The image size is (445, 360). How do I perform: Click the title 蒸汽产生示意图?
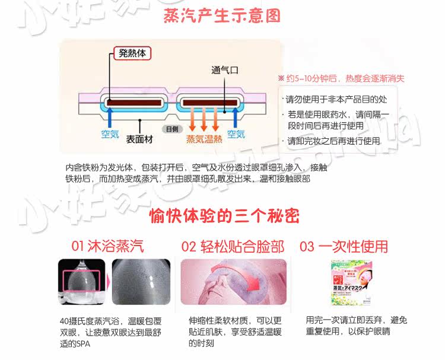pyautogui.click(x=222, y=15)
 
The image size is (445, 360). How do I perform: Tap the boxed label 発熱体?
pyautogui.click(x=132, y=53)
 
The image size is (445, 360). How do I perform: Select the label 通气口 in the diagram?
pyautogui.click(x=225, y=70)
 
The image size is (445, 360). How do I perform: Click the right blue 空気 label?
pyautogui.click(x=236, y=135)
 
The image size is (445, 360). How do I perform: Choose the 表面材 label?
pyautogui.click(x=139, y=140)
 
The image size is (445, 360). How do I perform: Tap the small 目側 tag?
pyautogui.click(x=171, y=129)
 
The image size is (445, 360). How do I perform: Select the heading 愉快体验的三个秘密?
pyautogui.click(x=224, y=215)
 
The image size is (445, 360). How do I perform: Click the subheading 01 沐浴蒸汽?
pyautogui.click(x=107, y=246)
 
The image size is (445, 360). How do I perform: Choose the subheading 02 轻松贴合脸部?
pyautogui.click(x=233, y=246)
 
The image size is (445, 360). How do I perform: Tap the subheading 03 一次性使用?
pyautogui.click(x=344, y=246)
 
